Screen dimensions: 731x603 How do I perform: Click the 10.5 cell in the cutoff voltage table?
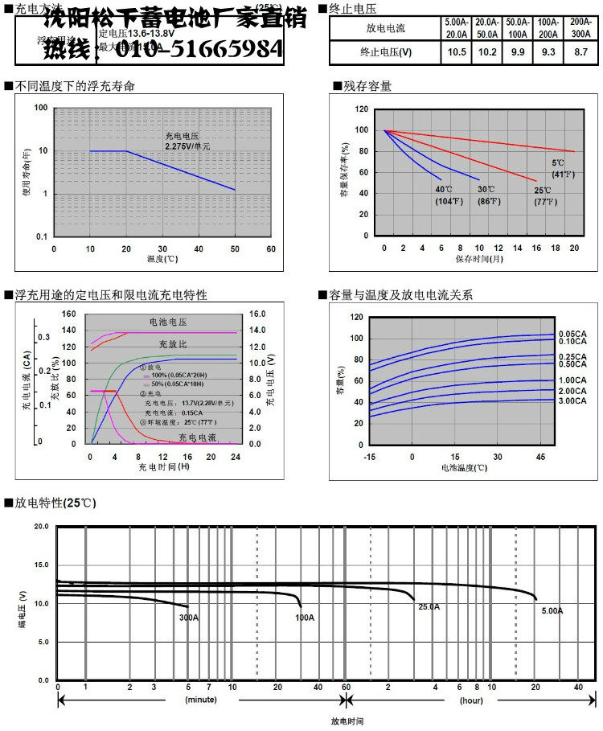[457, 52]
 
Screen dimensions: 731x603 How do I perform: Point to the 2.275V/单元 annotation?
[187, 146]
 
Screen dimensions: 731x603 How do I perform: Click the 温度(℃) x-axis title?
[162, 260]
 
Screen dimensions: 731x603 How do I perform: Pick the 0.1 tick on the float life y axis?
[40, 237]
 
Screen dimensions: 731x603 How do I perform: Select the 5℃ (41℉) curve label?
[562, 169]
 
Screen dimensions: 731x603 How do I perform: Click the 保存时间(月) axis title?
[480, 259]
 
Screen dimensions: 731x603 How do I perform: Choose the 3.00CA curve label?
[571, 400]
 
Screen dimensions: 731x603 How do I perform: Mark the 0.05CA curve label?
[571, 333]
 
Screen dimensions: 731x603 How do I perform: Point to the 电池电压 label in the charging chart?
[167, 322]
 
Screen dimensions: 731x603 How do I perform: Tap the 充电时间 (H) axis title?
[163, 466]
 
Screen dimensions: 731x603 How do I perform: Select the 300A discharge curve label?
[189, 618]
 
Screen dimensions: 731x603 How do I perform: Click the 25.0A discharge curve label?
[429, 607]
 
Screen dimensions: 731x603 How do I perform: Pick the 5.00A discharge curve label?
[552, 611]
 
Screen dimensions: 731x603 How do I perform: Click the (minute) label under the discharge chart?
[201, 700]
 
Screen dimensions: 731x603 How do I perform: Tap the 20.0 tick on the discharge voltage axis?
[41, 527]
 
